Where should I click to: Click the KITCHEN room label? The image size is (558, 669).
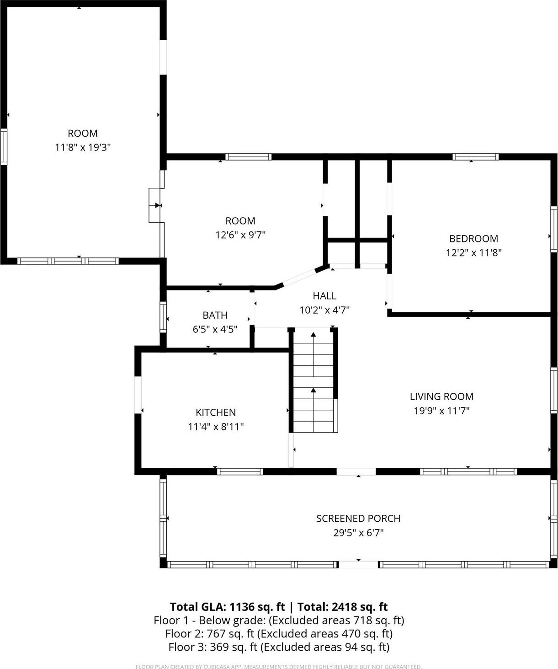(216, 412)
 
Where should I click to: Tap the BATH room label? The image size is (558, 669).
(215, 315)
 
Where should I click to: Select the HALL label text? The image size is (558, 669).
(324, 296)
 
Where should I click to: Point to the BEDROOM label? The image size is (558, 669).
(473, 238)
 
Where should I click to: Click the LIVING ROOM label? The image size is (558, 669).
(441, 396)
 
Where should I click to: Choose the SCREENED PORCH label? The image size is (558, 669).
(358, 518)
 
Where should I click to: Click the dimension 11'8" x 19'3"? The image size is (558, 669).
(83, 147)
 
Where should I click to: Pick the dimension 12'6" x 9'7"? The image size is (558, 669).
(240, 235)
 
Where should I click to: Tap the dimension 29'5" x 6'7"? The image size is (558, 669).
(358, 532)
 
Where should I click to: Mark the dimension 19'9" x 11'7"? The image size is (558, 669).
(441, 411)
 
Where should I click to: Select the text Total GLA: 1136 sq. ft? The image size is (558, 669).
(227, 607)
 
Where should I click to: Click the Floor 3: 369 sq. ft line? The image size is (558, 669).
(279, 647)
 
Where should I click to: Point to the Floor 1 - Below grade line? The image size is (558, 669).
(279, 620)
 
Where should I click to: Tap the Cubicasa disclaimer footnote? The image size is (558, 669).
(279, 667)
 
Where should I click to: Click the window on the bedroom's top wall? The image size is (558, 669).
(475, 157)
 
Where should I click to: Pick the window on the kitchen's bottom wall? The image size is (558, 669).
(240, 471)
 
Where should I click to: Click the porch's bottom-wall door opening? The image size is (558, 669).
(358, 565)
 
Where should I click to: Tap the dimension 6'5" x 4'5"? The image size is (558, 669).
(215, 329)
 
